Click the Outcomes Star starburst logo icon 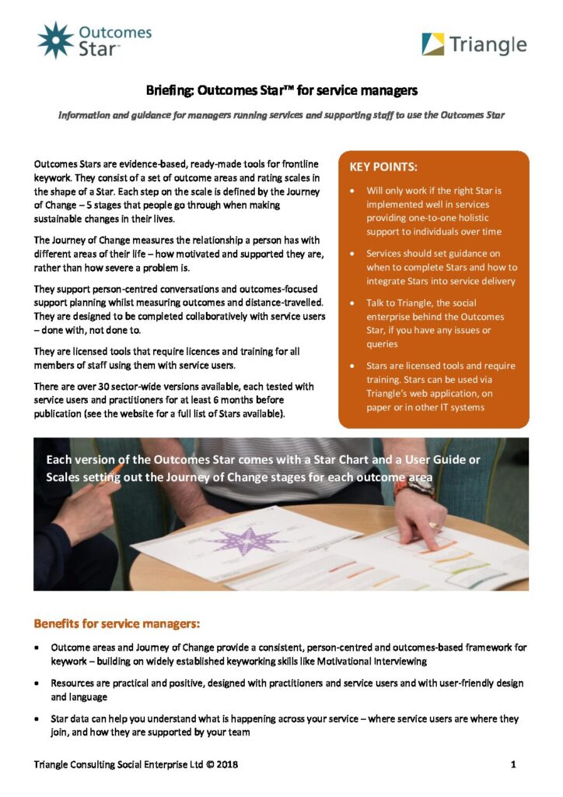(x=55, y=40)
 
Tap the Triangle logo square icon (x=433, y=44)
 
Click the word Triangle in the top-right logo (x=491, y=44)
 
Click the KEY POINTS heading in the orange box (x=383, y=167)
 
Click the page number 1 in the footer (x=513, y=764)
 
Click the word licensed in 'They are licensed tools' (x=86, y=351)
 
